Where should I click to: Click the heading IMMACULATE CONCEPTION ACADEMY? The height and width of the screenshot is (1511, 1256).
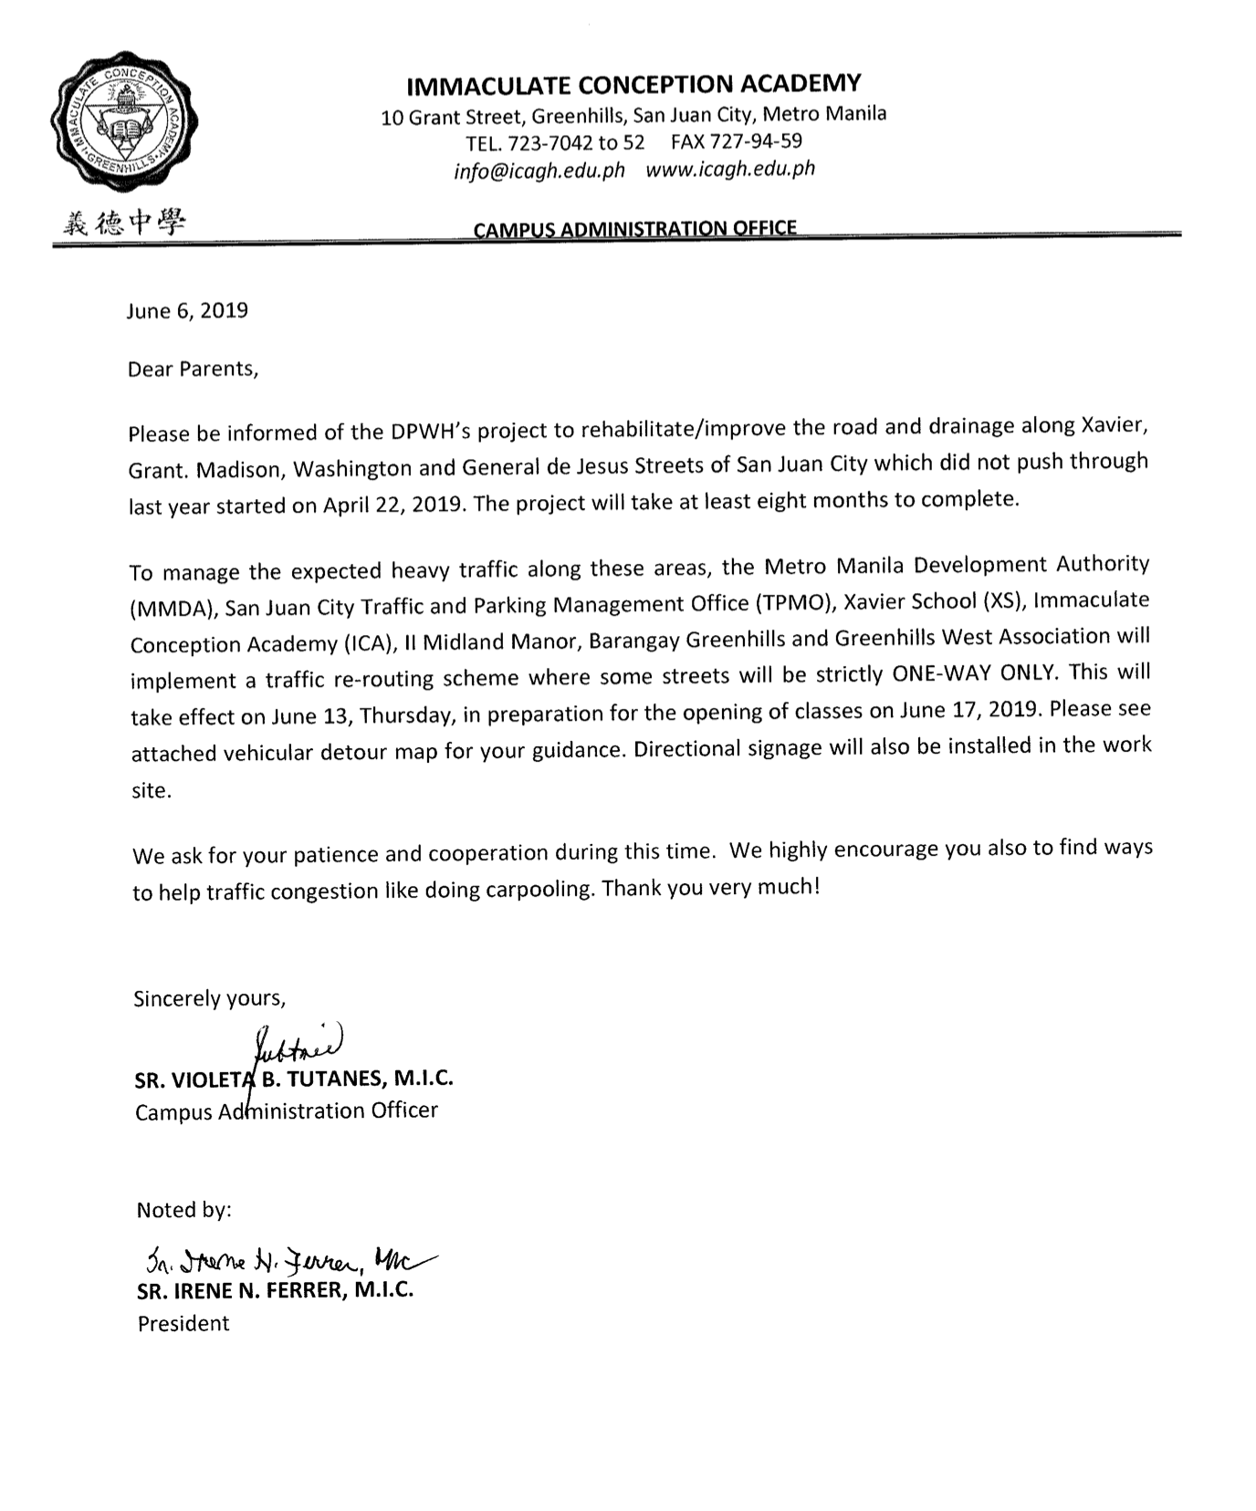633,85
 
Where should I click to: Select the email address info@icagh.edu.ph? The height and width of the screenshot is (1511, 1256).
539,171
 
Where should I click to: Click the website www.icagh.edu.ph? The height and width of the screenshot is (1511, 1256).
730,169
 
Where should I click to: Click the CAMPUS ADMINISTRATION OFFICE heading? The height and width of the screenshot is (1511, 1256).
634,228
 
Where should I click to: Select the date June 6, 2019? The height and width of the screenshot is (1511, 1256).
187,311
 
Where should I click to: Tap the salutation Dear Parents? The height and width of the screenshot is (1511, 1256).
193,370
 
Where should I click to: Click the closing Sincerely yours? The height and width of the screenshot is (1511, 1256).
210,998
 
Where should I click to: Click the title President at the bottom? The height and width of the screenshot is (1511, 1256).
183,1324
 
